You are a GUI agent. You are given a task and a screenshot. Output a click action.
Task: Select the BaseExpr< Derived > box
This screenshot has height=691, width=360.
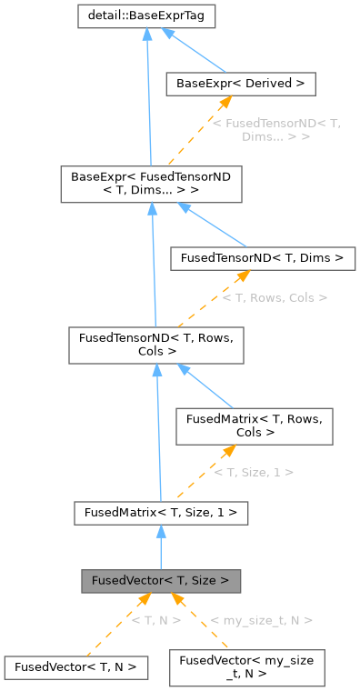click(x=240, y=85)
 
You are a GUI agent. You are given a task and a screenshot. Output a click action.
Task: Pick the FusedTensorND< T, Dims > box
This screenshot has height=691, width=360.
click(x=262, y=258)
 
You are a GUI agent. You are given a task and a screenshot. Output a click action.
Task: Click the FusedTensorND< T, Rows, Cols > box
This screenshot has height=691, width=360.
click(x=157, y=344)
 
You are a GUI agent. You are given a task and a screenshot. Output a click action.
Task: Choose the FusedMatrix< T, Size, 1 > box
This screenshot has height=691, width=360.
click(x=161, y=513)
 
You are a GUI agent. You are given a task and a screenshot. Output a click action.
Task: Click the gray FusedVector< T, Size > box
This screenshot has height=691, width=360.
click(x=161, y=579)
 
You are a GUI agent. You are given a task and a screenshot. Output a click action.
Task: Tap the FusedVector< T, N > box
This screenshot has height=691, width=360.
click(x=75, y=666)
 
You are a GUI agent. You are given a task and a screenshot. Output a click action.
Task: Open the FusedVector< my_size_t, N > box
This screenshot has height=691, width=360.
click(x=247, y=667)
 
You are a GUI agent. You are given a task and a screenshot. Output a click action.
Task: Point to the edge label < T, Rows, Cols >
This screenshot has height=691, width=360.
click(x=275, y=297)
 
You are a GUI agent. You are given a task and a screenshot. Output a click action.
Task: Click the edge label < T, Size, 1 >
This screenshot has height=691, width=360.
click(x=254, y=472)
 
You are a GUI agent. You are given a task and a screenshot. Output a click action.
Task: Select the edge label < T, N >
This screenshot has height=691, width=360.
click(x=155, y=620)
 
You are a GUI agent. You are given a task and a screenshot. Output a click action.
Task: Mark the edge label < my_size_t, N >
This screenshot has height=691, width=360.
click(x=261, y=620)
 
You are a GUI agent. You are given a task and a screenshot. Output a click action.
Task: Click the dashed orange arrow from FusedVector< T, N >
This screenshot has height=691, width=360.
click(x=114, y=627)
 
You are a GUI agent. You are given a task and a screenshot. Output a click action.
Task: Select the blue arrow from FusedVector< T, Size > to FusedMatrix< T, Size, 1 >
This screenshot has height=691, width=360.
click(x=161, y=546)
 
